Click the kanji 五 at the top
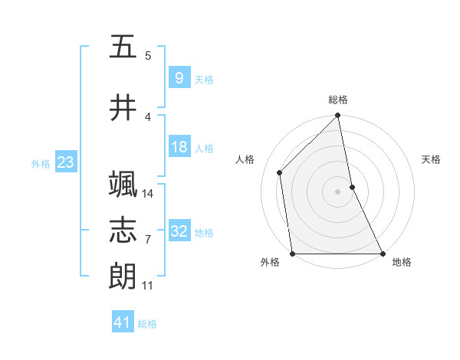123,47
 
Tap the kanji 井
123,108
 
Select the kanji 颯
123,185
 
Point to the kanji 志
123,231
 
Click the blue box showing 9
179,78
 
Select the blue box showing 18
179,147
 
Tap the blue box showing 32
179,231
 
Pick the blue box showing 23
65,162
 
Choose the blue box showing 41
123,322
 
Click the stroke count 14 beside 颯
149,193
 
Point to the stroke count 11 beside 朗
148,285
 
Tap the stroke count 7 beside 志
147,239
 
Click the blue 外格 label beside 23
41,163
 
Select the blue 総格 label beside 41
147,324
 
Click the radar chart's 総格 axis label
338,100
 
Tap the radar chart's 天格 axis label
432,159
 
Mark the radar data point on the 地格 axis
382,254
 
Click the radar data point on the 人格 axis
280,172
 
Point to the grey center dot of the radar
338,191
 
